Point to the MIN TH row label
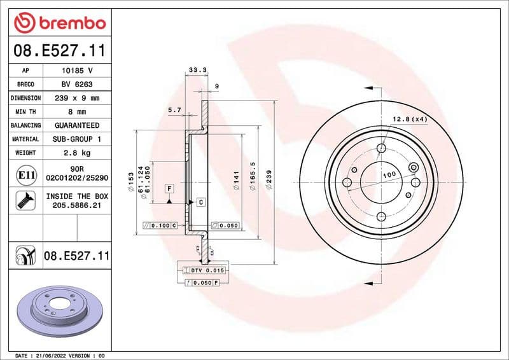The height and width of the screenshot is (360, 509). (x=25, y=112)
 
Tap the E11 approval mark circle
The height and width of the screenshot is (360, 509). (x=25, y=174)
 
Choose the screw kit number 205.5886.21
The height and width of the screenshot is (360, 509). (x=76, y=205)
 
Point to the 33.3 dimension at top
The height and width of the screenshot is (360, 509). (x=195, y=69)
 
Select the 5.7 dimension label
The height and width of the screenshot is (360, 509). (x=174, y=110)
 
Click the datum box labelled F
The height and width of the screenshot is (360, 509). (x=169, y=188)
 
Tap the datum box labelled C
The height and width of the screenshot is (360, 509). (x=200, y=202)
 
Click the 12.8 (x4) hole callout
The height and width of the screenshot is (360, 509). (x=409, y=120)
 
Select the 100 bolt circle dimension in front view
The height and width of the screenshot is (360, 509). (x=389, y=174)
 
